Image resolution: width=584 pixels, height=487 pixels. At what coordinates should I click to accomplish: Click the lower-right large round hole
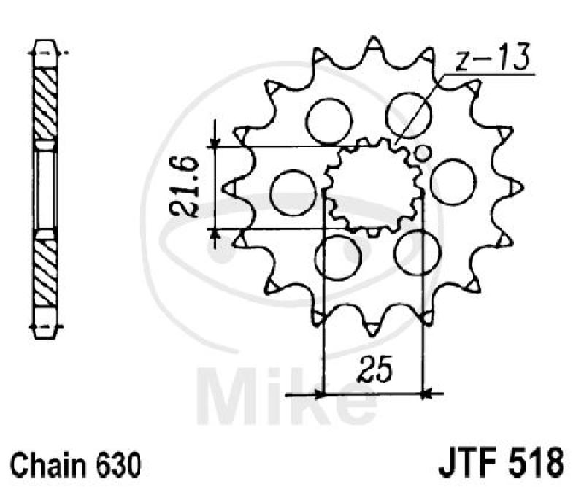click(x=414, y=250)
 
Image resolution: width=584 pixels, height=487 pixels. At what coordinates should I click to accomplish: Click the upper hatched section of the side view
click(x=45, y=102)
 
